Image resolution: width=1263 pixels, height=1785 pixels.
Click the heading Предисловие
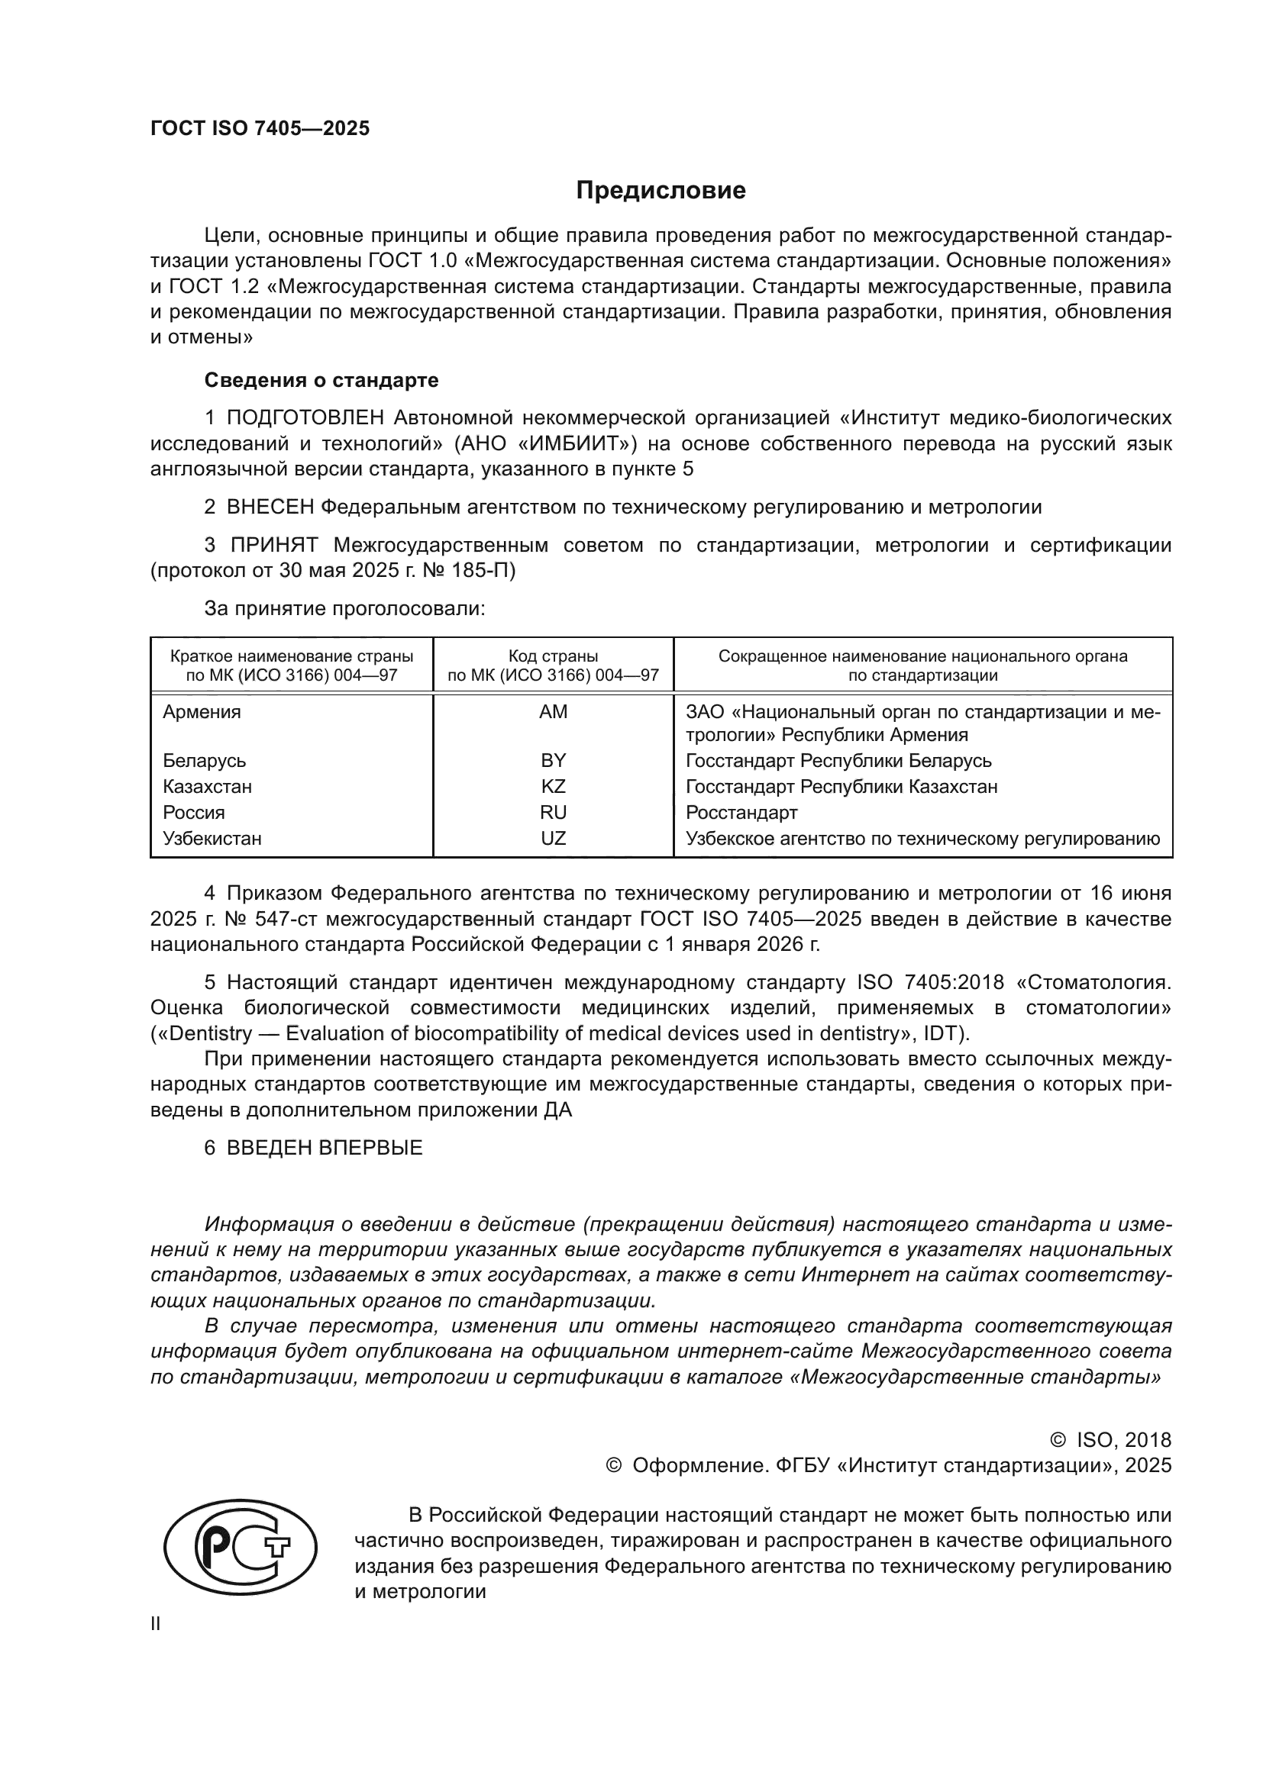(x=661, y=191)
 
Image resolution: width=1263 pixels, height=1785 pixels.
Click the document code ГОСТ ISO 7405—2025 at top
(x=260, y=129)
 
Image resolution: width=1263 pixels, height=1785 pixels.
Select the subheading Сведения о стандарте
(x=321, y=380)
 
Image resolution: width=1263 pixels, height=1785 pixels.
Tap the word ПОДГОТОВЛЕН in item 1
(x=305, y=418)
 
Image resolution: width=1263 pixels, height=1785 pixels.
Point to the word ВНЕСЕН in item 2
(x=270, y=507)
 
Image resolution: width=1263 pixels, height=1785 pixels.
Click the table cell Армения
(x=202, y=712)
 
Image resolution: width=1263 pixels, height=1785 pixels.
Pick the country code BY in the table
(x=553, y=760)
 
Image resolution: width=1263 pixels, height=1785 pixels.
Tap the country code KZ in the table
(x=553, y=787)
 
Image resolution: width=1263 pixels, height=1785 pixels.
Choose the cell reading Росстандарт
(x=741, y=813)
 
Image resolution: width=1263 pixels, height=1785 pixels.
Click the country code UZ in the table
(x=553, y=839)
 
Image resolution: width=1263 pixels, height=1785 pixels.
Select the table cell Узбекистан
(x=212, y=839)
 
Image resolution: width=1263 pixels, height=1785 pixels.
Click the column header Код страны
(x=553, y=656)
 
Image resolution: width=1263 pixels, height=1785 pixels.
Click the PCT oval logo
(x=241, y=1548)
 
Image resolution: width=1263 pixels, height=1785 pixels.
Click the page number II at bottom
(x=156, y=1624)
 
